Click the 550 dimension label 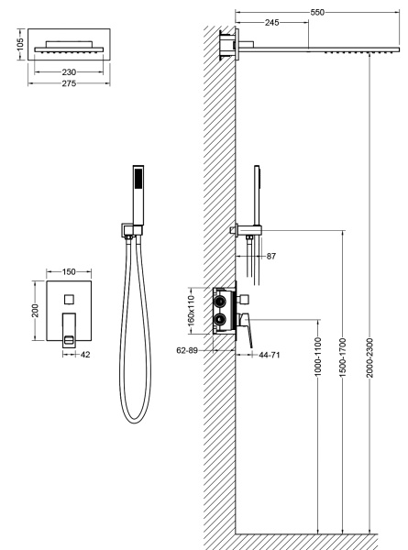point(317,12)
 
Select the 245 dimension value point(272,22)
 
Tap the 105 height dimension point(20,44)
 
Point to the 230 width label point(69,71)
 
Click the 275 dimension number point(69,83)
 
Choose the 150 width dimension point(69,272)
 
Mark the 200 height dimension point(35,311)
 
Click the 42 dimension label point(85,355)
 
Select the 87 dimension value point(271,256)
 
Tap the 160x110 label point(191,311)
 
